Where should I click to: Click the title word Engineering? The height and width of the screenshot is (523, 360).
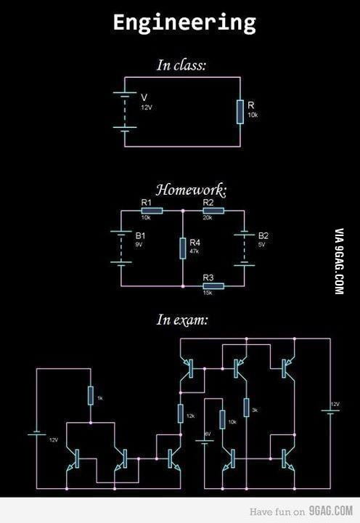[x=184, y=23]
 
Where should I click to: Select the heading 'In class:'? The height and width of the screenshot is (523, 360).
[x=181, y=65]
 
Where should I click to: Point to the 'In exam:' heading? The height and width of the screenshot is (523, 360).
[x=182, y=320]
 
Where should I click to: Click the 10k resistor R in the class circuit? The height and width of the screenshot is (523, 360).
[x=240, y=113]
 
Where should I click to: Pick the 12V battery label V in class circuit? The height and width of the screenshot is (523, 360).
[x=144, y=97]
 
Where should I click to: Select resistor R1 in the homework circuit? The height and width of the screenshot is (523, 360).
[x=152, y=211]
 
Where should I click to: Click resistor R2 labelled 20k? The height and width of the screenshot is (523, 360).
[x=213, y=211]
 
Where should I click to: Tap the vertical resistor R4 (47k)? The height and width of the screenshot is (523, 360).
[x=182, y=248]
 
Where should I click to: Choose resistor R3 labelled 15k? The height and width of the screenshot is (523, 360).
[x=213, y=285]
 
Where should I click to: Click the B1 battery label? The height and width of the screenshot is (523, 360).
[x=141, y=236]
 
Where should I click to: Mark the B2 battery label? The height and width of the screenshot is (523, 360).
[x=263, y=236]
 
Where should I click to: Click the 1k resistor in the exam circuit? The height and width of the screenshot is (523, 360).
[x=90, y=396]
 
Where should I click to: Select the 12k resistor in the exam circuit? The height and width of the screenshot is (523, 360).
[x=180, y=414]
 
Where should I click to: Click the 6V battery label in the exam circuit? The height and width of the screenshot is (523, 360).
[x=207, y=434]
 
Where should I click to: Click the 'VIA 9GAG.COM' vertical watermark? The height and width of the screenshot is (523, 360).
[x=339, y=261]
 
